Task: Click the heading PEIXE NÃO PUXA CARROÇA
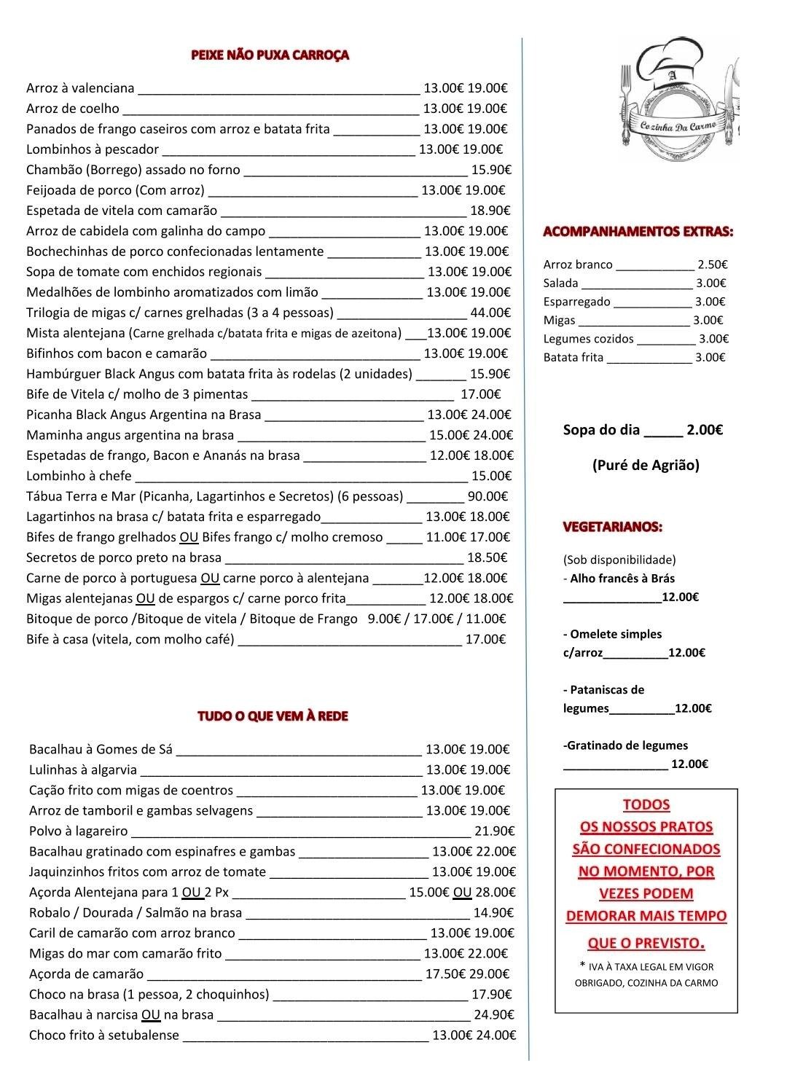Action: pyautogui.click(x=270, y=55)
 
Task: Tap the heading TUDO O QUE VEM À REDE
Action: pyautogui.click(x=273, y=716)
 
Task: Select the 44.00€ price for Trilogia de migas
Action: pyautogui.click(x=490, y=313)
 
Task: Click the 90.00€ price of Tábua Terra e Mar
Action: pyautogui.click(x=488, y=497)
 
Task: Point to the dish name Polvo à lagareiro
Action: pyautogui.click(x=79, y=831)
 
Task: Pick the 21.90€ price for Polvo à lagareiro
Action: pyautogui.click(x=495, y=831)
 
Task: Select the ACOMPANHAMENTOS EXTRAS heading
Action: pyautogui.click(x=638, y=232)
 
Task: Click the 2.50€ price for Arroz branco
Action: pyautogui.click(x=712, y=265)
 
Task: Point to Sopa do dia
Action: pyautogui.click(x=601, y=430)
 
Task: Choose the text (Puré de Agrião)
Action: pyautogui.click(x=645, y=466)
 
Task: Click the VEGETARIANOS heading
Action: pyautogui.click(x=612, y=527)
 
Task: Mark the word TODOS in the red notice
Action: pyautogui.click(x=646, y=805)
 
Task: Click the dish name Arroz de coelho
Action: pyautogui.click(x=73, y=109)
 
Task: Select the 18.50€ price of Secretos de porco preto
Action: pyautogui.click(x=487, y=558)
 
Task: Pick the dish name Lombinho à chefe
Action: pyautogui.click(x=79, y=477)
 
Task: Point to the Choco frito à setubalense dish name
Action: pyautogui.click(x=104, y=1035)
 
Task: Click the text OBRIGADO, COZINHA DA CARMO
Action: pyautogui.click(x=646, y=983)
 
